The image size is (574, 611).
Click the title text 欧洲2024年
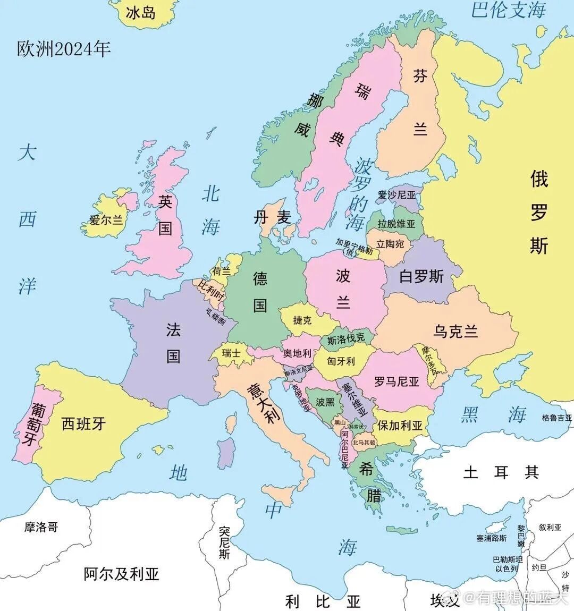(x=64, y=49)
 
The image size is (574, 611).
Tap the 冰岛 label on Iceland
(x=141, y=13)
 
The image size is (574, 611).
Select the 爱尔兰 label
(x=106, y=219)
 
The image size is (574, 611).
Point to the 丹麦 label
(x=272, y=217)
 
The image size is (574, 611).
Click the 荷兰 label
(x=222, y=271)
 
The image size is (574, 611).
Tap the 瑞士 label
(x=231, y=353)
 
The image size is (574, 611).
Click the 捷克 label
(x=302, y=320)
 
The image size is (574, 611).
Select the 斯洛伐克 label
(x=346, y=339)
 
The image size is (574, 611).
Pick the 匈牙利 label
(x=341, y=361)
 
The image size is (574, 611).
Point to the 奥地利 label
(x=297, y=353)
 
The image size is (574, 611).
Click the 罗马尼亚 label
(x=396, y=381)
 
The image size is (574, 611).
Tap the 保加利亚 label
(x=400, y=426)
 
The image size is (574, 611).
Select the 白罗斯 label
(x=421, y=276)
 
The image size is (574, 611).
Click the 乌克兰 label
(x=455, y=332)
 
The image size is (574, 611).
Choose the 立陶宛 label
(x=390, y=244)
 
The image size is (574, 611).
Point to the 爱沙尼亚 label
(x=396, y=195)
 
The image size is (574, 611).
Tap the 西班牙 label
(x=83, y=423)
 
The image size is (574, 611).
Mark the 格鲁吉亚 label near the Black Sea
(x=557, y=418)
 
